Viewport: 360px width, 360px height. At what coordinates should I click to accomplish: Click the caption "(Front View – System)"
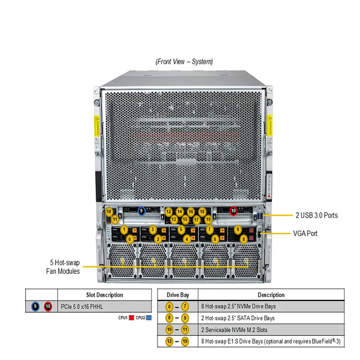184,61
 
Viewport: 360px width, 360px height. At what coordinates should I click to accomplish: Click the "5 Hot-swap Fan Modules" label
63,267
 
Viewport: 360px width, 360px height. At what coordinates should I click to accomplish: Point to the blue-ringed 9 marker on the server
142,210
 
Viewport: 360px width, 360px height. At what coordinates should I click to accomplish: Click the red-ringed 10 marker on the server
233,210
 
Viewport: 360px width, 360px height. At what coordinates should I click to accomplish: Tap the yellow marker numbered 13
174,220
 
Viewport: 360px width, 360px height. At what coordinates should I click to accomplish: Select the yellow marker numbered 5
182,229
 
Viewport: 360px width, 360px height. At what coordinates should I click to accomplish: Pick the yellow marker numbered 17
197,220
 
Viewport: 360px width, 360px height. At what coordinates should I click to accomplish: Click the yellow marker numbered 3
153,229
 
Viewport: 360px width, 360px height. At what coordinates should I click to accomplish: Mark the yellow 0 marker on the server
130,238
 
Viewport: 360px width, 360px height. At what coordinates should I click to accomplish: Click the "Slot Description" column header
100,294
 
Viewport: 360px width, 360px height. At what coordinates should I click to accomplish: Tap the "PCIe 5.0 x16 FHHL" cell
86,307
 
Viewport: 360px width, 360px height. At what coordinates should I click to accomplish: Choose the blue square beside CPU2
150,318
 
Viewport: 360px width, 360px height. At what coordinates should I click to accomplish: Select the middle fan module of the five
184,260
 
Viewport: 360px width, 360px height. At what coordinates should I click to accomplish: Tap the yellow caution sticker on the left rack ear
96,126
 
